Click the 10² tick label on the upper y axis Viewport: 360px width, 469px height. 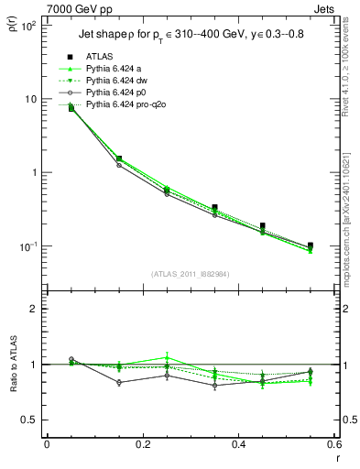point(27,26)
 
